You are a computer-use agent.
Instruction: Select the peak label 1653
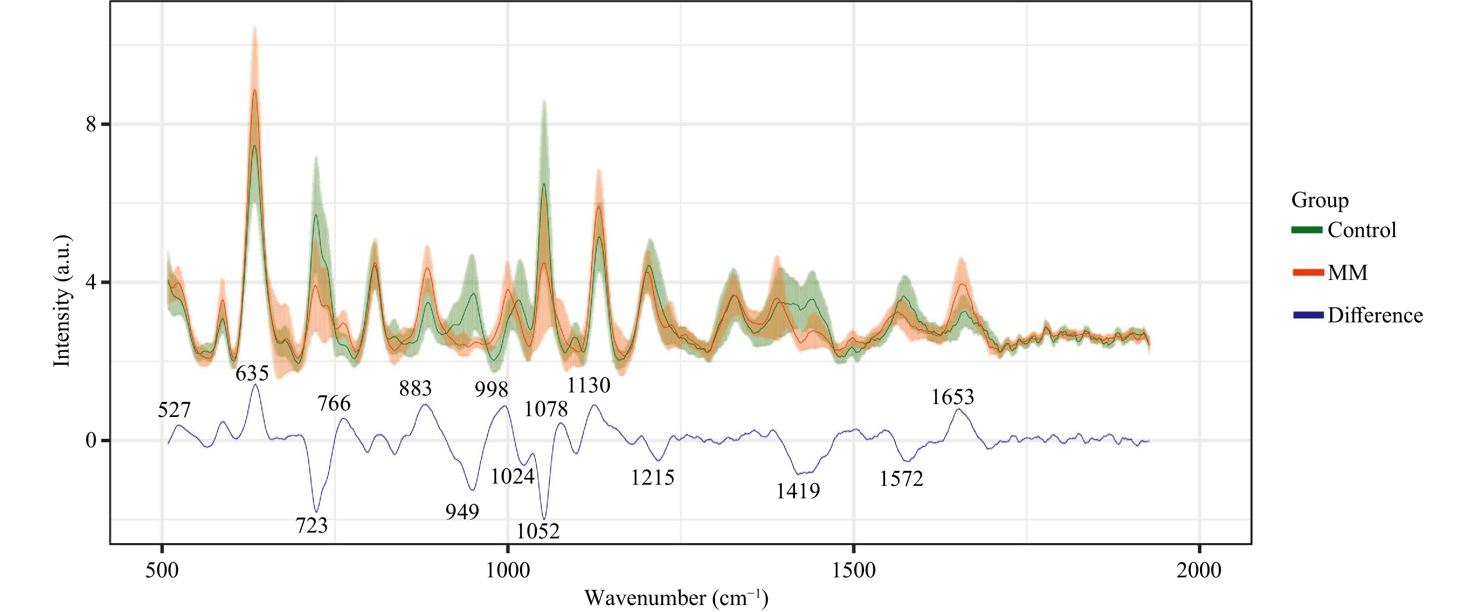[x=952, y=397]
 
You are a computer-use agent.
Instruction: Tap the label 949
[x=462, y=512]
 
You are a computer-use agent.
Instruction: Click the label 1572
[x=901, y=479]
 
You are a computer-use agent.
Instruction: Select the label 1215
[x=652, y=477]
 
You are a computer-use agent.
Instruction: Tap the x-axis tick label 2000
[x=1199, y=570]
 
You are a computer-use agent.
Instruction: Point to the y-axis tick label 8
[x=92, y=124]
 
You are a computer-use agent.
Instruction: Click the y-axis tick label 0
[x=92, y=441]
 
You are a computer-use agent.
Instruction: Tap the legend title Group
[x=1320, y=200]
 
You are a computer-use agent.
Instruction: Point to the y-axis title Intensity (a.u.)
[x=62, y=300]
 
